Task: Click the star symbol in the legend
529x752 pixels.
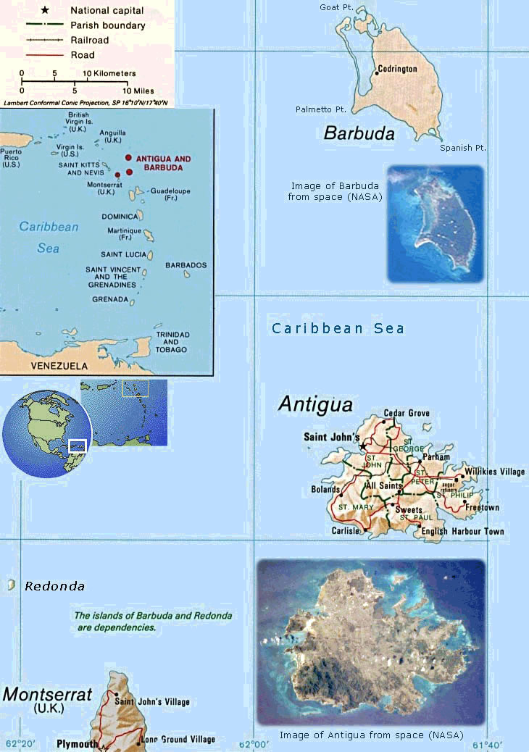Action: pyautogui.click(x=46, y=11)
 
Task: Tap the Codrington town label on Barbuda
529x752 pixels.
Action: pyautogui.click(x=399, y=69)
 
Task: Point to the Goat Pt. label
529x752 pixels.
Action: pyautogui.click(x=336, y=7)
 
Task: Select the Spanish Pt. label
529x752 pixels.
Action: pyautogui.click(x=462, y=148)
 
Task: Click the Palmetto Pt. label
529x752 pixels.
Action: pyautogui.click(x=321, y=109)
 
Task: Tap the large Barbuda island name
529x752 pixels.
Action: pyautogui.click(x=359, y=133)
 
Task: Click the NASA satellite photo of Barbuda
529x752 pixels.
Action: pyautogui.click(x=435, y=223)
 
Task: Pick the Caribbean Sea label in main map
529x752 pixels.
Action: pyautogui.click(x=338, y=328)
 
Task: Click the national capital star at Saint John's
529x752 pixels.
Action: pyautogui.click(x=363, y=446)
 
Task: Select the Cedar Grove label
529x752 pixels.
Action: pyautogui.click(x=407, y=413)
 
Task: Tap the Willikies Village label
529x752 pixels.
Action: pyautogui.click(x=495, y=472)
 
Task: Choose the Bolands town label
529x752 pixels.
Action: pyautogui.click(x=325, y=490)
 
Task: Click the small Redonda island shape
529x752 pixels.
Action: pyautogui.click(x=11, y=585)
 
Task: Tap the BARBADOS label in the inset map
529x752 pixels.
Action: pyautogui.click(x=186, y=265)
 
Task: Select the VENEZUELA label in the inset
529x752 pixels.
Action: pyautogui.click(x=59, y=366)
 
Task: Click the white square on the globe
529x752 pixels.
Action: pyautogui.click(x=78, y=446)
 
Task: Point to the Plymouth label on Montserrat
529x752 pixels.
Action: pyautogui.click(x=78, y=744)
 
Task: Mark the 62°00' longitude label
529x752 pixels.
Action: pyautogui.click(x=254, y=744)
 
